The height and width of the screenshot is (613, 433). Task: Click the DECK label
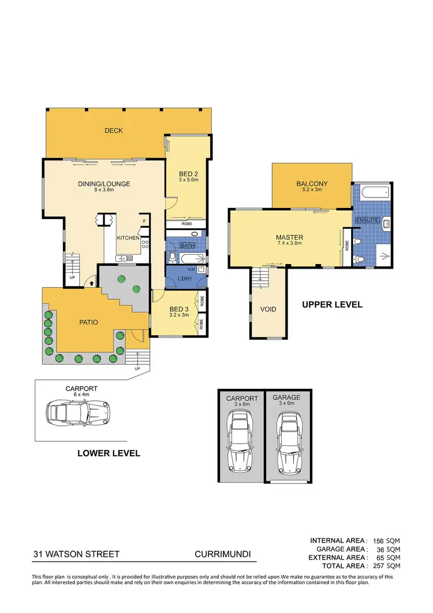[x=114, y=131]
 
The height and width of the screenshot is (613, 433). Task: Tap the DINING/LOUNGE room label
[x=104, y=184]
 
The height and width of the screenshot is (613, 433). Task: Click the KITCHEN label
[x=128, y=238]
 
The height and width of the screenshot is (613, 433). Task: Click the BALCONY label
[x=312, y=184]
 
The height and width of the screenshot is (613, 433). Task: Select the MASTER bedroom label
[x=289, y=237]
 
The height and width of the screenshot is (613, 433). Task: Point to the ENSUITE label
[x=367, y=221]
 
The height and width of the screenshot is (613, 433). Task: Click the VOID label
[x=268, y=309]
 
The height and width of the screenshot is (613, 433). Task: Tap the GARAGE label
[x=287, y=397]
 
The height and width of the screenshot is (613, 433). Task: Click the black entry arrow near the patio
[x=91, y=283]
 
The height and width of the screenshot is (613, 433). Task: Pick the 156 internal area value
[x=377, y=541]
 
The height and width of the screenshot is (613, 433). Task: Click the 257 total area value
[x=377, y=566]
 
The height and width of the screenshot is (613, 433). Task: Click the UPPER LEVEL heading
[x=332, y=304]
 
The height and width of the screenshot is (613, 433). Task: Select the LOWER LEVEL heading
[x=109, y=454]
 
